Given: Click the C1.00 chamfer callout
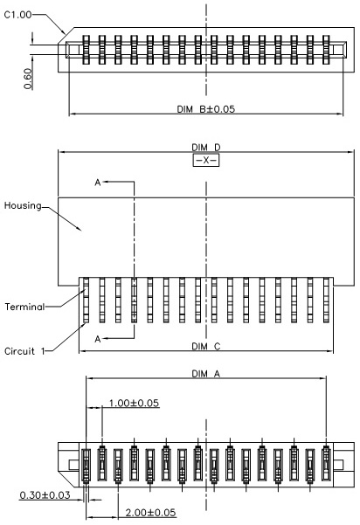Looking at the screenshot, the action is tap(17, 15).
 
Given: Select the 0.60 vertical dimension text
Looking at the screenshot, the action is tap(28, 79).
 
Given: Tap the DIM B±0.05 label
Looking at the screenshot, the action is tap(206, 109).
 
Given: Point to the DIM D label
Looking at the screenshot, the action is tap(206, 148).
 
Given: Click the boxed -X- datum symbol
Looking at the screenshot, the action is tap(206, 161).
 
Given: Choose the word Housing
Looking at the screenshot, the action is tap(23, 206).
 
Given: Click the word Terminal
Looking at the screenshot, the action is tap(24, 307).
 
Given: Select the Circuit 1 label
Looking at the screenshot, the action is tap(24, 351).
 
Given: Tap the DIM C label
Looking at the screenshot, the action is tap(206, 346).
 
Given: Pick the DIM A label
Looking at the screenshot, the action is tap(206, 374).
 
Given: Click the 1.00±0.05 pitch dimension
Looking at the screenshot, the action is tap(134, 403).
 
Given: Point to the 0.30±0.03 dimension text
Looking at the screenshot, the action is tap(45, 495).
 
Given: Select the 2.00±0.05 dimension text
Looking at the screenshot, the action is tap(150, 513).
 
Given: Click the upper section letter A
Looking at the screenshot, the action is tap(98, 183).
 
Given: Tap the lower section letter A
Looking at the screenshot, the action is tap(98, 339).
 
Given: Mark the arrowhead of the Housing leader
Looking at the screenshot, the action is tap(80, 230).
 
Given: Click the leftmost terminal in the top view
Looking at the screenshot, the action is tap(86, 50).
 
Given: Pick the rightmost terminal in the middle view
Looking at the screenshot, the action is tap(326, 300).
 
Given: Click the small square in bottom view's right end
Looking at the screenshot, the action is tap(338, 465).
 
